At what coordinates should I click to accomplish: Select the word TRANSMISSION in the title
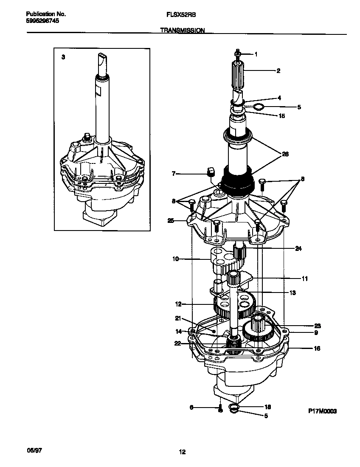tap(183, 31)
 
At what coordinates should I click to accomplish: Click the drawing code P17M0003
tap(322, 411)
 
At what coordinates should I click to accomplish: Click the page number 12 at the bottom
tap(182, 452)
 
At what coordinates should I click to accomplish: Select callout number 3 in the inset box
tap(63, 57)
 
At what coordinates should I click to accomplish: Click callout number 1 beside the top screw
tap(256, 54)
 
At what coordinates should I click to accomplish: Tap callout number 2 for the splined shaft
tap(278, 71)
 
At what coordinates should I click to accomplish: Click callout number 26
tap(285, 154)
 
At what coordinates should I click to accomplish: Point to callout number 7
tap(173, 173)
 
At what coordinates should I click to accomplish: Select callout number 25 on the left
tap(171, 220)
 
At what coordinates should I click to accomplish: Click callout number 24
tap(298, 249)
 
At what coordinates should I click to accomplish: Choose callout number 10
tap(175, 258)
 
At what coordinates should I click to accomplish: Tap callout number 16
tap(317, 349)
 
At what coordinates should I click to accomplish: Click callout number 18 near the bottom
tap(267, 406)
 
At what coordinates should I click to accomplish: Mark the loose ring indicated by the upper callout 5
tap(259, 106)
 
